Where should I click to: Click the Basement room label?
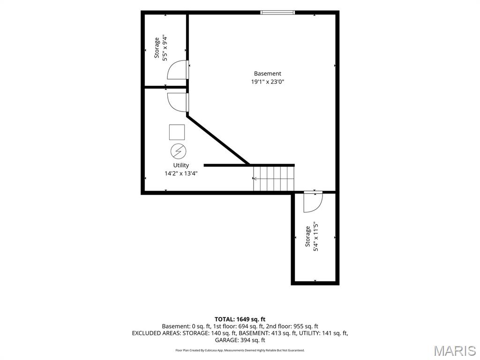click(267, 74)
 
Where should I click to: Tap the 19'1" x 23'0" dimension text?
click(268, 82)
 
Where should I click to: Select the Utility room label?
click(181, 165)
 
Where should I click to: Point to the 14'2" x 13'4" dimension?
click(181, 173)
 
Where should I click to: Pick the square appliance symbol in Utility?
click(177, 132)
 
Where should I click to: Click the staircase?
click(274, 179)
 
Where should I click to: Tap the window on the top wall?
click(277, 12)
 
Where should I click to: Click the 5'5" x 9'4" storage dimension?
click(165, 48)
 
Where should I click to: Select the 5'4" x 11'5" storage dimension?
click(316, 237)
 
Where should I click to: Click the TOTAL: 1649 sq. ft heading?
click(240, 319)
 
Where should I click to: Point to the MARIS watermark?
click(455, 351)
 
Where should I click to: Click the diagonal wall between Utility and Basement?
click(217, 140)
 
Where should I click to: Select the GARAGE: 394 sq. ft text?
click(240, 340)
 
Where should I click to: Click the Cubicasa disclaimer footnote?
click(240, 350)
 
